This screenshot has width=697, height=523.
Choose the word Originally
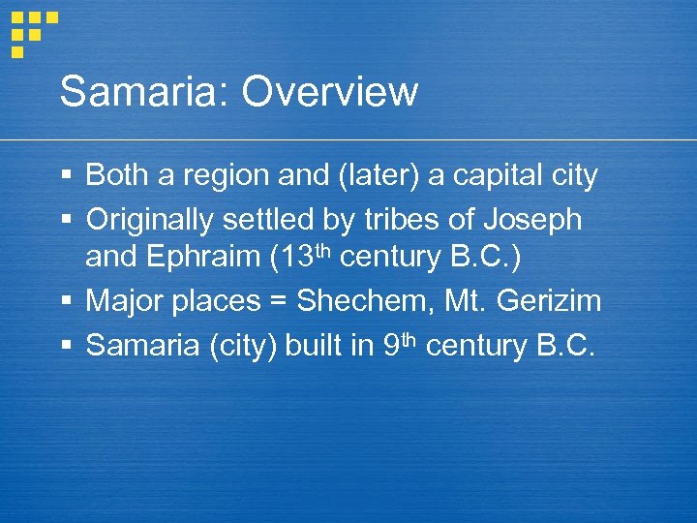pyautogui.click(x=150, y=220)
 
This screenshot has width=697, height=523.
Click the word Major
pyautogui.click(x=124, y=301)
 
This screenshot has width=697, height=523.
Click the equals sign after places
pyautogui.click(x=278, y=301)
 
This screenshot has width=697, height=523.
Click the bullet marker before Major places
pyautogui.click(x=66, y=301)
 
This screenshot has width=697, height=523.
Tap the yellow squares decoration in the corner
pyautogui.click(x=33, y=29)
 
